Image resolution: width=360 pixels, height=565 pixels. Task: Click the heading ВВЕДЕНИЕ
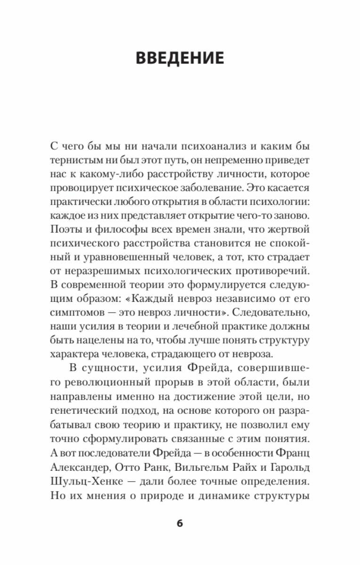[x=180, y=58]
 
